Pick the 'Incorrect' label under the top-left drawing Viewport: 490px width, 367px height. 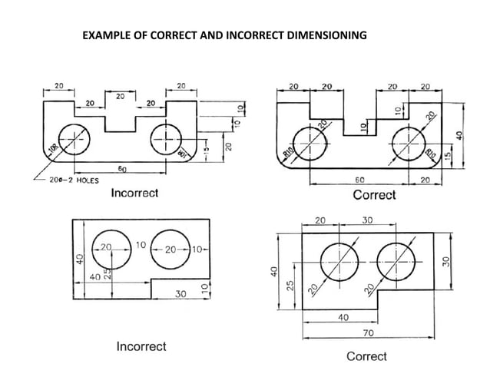click(x=134, y=193)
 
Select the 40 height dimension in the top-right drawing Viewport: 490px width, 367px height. click(x=460, y=135)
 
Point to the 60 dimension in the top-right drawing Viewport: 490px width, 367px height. click(x=359, y=178)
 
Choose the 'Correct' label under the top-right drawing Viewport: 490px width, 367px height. click(x=374, y=195)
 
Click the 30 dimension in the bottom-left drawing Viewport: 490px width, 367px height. click(x=180, y=293)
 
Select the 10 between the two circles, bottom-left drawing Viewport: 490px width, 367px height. click(x=141, y=246)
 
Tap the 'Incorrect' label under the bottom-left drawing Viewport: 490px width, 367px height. click(x=141, y=346)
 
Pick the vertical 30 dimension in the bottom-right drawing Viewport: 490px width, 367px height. click(x=446, y=262)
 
